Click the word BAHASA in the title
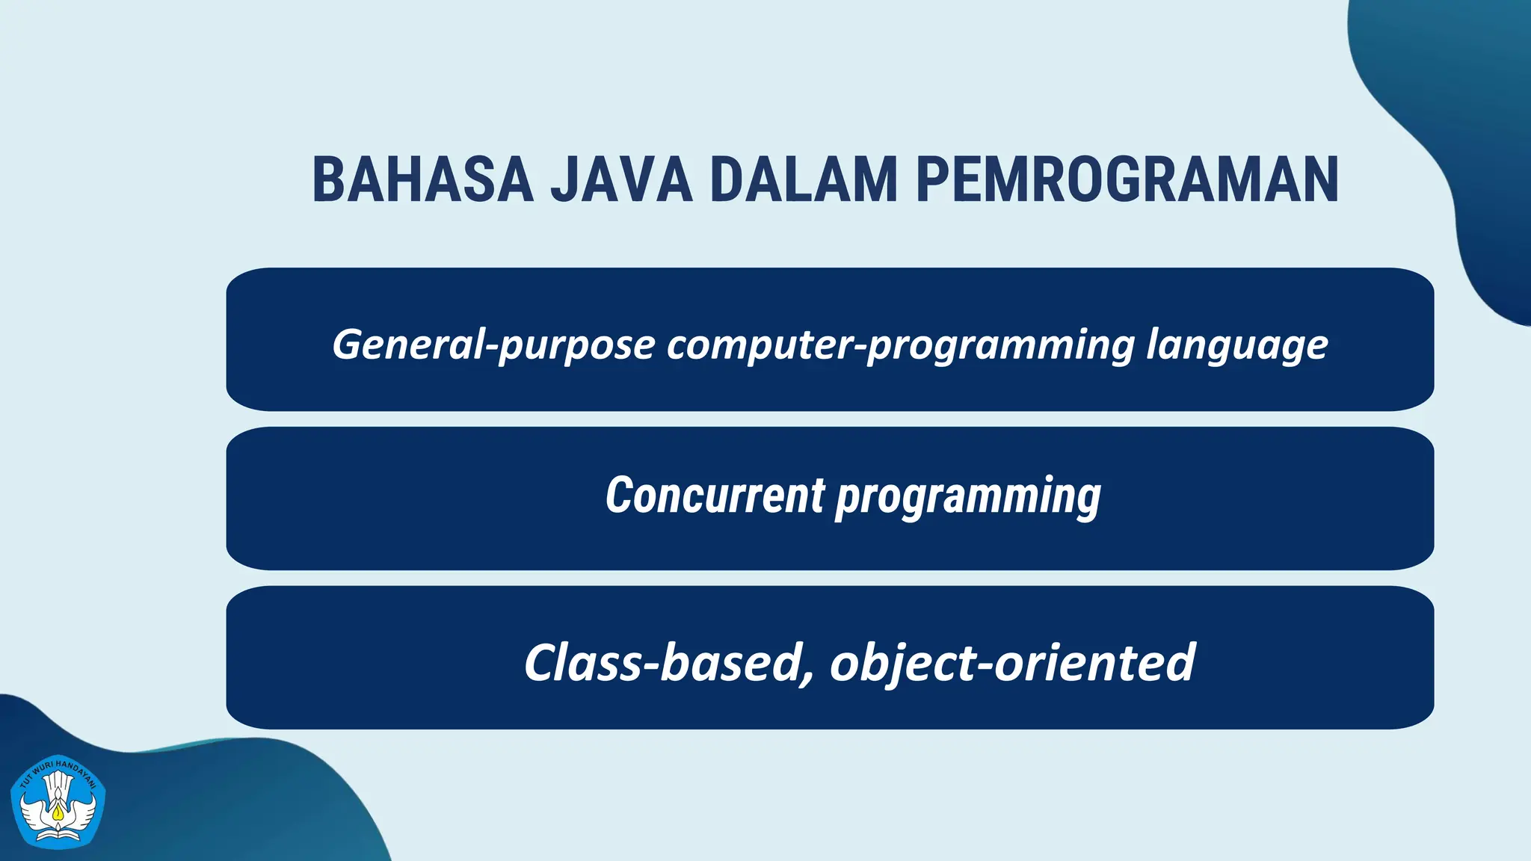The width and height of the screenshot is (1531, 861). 422,180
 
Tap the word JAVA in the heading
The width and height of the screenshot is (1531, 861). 621,180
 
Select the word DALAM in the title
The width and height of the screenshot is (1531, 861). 804,180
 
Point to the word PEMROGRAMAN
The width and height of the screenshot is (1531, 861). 1127,180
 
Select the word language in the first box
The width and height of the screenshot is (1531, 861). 1237,345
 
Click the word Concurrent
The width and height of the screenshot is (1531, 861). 715,496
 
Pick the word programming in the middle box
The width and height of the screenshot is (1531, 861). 968,497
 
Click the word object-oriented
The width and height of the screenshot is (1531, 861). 1012,662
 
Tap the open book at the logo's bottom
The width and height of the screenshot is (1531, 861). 58,832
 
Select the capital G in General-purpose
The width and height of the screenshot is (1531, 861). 348,345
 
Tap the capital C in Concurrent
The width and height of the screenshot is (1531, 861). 620,496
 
